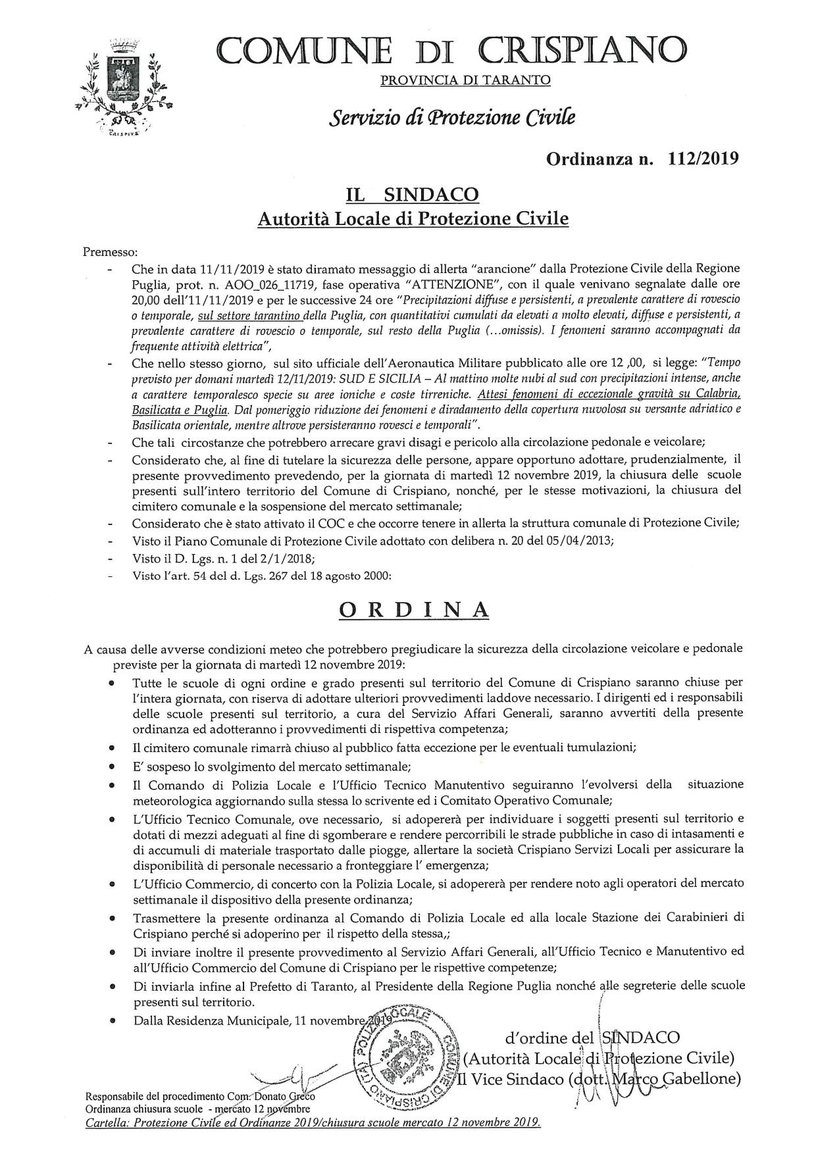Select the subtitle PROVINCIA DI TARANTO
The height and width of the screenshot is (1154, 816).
coord(465,81)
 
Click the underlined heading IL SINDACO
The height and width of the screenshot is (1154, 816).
coord(413,195)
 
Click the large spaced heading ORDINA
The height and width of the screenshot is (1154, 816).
coord(414,609)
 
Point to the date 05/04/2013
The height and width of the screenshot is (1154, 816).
coord(582,541)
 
